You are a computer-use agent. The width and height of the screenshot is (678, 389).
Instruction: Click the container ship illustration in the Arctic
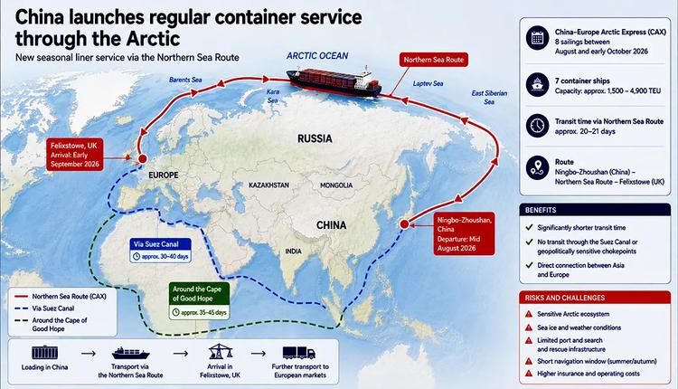[x=334, y=81]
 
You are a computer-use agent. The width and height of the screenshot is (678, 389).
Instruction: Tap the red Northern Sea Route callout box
[x=433, y=60]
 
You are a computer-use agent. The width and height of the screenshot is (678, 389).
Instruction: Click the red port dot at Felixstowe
[x=142, y=159]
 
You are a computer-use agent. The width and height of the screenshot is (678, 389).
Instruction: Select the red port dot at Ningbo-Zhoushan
[x=404, y=224]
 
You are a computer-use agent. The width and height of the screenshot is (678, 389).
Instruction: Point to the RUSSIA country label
[x=315, y=139]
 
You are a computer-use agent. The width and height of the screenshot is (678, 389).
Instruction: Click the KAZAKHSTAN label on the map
[x=269, y=185]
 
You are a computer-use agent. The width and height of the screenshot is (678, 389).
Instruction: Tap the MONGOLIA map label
[x=336, y=185]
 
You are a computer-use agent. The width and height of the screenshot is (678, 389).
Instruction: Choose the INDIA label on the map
[x=294, y=251]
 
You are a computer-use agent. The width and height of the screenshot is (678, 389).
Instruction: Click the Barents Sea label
[x=185, y=80]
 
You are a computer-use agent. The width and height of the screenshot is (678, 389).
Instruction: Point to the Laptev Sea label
[x=428, y=83]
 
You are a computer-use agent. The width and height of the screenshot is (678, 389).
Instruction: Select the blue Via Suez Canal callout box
[x=160, y=250]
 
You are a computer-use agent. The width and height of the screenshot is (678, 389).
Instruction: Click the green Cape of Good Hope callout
[x=199, y=300]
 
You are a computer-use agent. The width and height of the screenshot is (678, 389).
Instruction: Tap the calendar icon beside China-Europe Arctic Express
[x=538, y=38]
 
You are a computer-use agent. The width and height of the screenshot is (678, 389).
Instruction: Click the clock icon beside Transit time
[x=538, y=126]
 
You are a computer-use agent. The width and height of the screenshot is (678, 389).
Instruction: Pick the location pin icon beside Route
[x=538, y=168]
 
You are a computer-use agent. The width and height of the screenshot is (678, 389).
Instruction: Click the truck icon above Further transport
[x=299, y=353]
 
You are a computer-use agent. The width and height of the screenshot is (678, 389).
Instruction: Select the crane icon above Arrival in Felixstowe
[x=221, y=351]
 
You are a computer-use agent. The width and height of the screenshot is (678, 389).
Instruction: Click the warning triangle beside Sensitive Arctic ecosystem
[x=529, y=314]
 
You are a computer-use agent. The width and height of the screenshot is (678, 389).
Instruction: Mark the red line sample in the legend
[x=21, y=297]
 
